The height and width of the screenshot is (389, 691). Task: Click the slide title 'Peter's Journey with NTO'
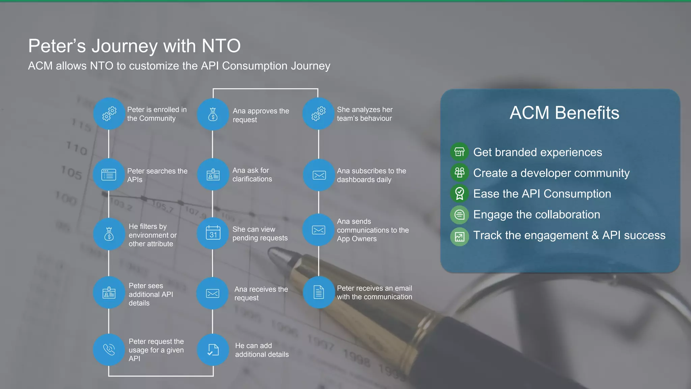click(x=134, y=46)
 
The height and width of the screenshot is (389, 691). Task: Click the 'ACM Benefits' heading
click(x=564, y=113)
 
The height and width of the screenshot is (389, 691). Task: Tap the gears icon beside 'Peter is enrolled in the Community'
click(x=109, y=114)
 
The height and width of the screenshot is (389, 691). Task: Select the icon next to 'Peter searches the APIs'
click(x=109, y=175)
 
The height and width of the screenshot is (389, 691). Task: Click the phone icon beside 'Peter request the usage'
click(x=109, y=349)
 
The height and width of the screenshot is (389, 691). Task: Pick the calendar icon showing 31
click(x=213, y=233)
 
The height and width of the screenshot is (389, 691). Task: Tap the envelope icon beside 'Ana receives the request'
click(x=213, y=293)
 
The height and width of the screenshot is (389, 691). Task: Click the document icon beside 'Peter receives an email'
click(x=319, y=292)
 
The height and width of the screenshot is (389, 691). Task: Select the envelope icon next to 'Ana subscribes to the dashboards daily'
click(x=319, y=175)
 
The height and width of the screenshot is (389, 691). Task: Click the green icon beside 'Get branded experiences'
click(x=459, y=152)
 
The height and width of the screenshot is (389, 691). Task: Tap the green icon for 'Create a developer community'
click(x=459, y=173)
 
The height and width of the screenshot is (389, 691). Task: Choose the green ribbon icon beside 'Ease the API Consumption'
click(x=459, y=194)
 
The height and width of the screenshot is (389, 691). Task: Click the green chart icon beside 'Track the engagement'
click(x=459, y=236)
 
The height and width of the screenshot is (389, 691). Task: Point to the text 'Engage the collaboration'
click(x=536, y=215)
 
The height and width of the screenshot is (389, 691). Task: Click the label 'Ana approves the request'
click(x=261, y=115)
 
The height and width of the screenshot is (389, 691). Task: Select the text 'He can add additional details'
click(x=262, y=350)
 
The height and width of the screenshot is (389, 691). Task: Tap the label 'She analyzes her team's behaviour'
click(x=365, y=114)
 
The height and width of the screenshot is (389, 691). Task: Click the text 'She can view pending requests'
click(x=260, y=233)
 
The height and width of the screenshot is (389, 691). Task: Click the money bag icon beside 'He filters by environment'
click(x=109, y=234)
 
